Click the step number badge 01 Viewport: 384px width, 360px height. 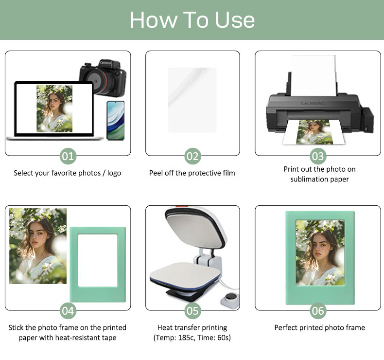point(68,156)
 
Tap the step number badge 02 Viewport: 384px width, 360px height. point(192,156)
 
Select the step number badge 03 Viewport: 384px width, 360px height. point(318,156)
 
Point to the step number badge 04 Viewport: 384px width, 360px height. point(68,311)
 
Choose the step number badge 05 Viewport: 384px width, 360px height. point(192,311)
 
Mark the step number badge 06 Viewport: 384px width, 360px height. point(318,311)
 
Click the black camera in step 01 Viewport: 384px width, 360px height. point(103,77)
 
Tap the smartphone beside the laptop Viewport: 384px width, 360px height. point(116,120)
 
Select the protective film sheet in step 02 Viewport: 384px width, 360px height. point(192,100)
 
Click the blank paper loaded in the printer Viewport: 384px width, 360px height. point(314,75)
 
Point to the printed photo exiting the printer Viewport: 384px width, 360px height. point(314,132)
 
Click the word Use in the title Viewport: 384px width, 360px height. point(235,20)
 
